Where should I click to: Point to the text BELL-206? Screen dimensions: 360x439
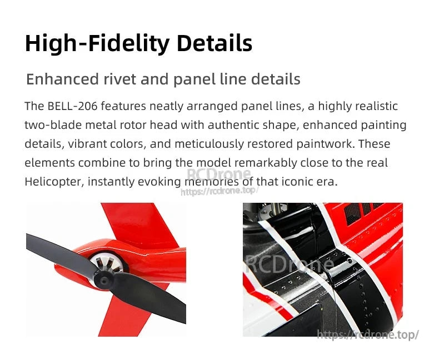point(74,106)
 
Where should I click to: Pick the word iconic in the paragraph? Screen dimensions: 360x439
point(303,182)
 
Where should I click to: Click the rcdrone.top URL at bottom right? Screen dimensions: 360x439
point(367,334)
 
